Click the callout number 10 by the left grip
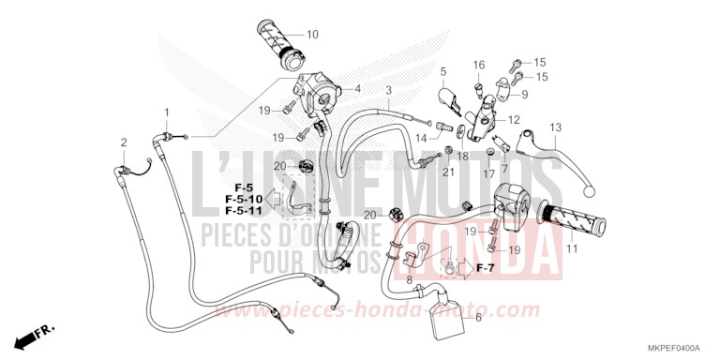[312, 35]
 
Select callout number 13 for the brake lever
[555, 127]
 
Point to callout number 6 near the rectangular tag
[479, 318]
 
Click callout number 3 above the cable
[388, 90]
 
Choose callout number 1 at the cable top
[169, 112]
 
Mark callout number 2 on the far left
[123, 142]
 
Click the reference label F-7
[485, 269]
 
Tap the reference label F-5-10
[244, 200]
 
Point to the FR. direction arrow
[36, 333]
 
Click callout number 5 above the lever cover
[443, 72]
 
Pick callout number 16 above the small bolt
[478, 65]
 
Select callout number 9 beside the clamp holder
[525, 95]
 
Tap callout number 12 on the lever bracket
[514, 120]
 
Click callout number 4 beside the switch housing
[357, 89]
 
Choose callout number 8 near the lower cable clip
[409, 280]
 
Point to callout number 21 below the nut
[449, 172]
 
